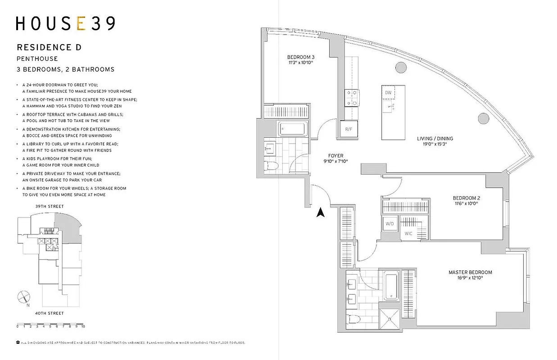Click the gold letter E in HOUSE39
click(x=81, y=23)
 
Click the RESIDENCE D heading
click(x=49, y=47)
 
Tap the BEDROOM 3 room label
click(x=300, y=57)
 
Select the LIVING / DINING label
click(x=435, y=139)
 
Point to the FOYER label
click(x=335, y=156)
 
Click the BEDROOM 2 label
click(x=466, y=198)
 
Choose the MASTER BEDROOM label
click(x=470, y=272)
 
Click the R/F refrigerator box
click(x=349, y=129)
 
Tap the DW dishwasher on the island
click(x=388, y=92)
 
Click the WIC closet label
click(x=408, y=234)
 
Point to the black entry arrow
click(x=321, y=212)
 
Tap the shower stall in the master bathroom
click(x=390, y=319)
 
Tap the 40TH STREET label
click(x=50, y=313)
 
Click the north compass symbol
click(x=23, y=297)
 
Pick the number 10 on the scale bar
click(x=83, y=325)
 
